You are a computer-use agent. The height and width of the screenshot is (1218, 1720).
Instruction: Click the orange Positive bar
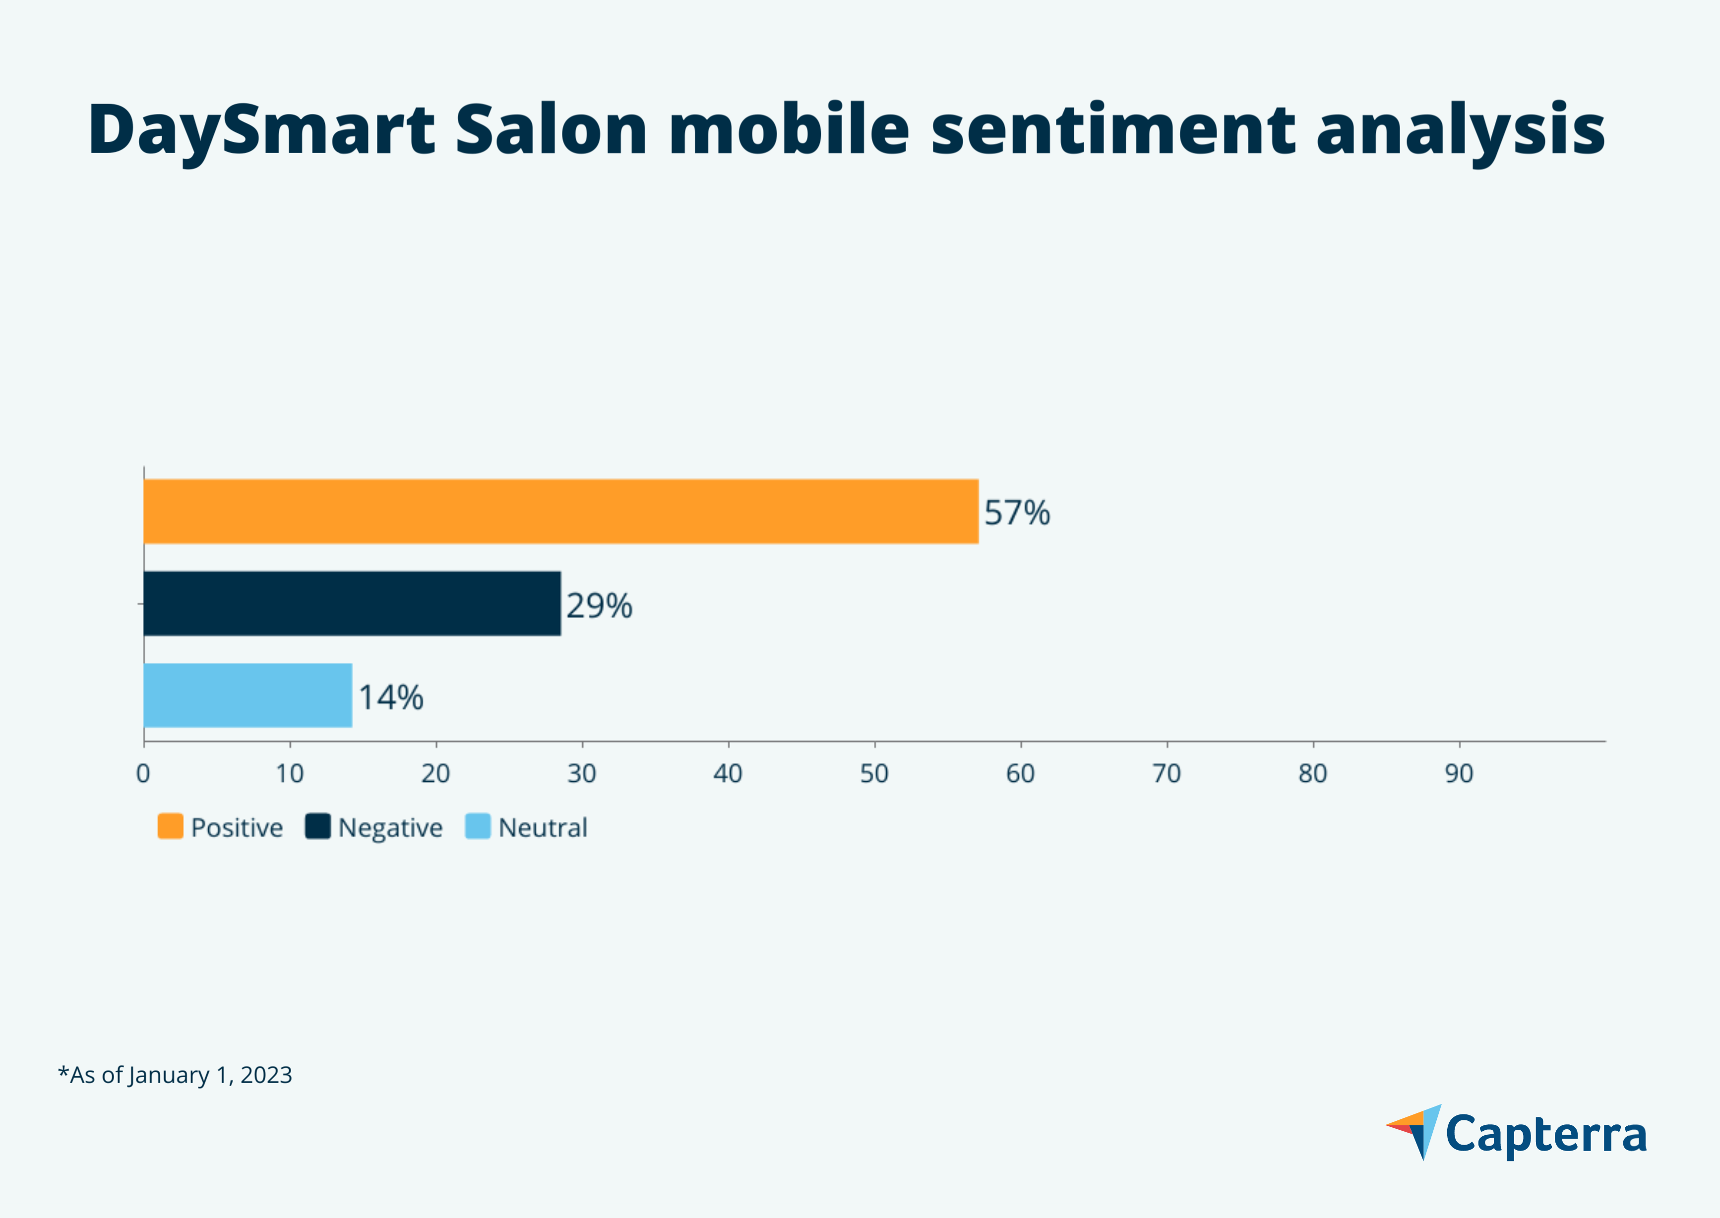coord(560,512)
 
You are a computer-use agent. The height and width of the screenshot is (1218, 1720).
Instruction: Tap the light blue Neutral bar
coord(247,695)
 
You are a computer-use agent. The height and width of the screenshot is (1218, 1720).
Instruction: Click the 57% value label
coord(1017,513)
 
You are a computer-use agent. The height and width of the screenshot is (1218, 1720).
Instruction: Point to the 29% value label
coord(599,606)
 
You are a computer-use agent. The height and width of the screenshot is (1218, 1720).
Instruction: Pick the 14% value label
coord(390,697)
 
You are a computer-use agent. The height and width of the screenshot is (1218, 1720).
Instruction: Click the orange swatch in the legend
coord(170,826)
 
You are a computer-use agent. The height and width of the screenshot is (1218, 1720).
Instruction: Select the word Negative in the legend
coord(390,828)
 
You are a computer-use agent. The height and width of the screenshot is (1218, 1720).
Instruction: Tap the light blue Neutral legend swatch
coord(478,826)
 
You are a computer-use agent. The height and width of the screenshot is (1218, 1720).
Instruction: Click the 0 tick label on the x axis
coord(143,773)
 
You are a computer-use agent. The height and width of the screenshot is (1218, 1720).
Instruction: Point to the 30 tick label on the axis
coord(582,773)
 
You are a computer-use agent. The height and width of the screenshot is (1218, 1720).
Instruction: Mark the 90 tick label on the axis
coord(1459,773)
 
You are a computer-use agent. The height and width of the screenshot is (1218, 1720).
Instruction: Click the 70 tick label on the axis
coord(1166,773)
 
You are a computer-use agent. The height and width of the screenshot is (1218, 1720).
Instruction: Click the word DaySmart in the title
coord(261,130)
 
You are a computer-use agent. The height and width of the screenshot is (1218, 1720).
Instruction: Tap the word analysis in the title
coord(1460,130)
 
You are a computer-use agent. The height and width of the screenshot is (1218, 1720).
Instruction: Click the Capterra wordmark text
coord(1546,1135)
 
